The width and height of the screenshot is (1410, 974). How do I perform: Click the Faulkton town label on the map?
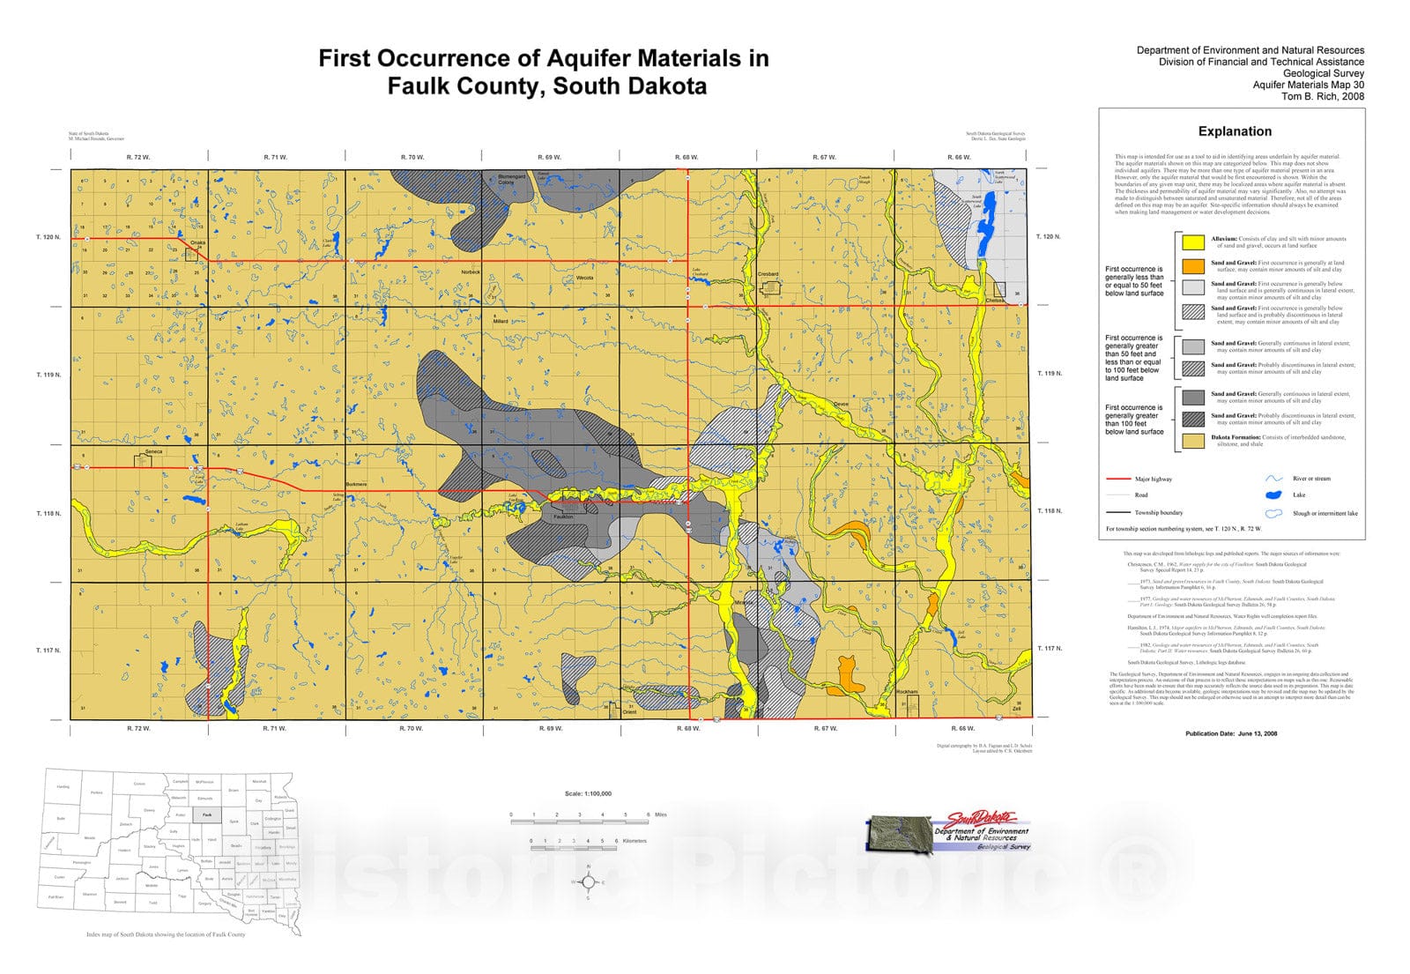(x=563, y=517)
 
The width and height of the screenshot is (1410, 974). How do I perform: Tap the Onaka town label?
(x=197, y=242)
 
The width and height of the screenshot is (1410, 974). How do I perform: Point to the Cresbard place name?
(x=768, y=274)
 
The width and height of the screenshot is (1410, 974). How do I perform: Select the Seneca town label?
(x=153, y=452)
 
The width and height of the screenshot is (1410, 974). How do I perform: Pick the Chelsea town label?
(x=995, y=301)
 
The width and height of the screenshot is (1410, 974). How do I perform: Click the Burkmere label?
(x=356, y=485)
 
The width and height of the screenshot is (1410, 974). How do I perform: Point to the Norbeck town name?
(x=471, y=272)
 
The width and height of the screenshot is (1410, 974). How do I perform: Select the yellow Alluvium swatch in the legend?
(x=1193, y=242)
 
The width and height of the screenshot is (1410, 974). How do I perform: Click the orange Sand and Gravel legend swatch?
(x=1193, y=265)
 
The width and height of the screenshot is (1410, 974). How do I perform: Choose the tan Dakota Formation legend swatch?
(x=1193, y=441)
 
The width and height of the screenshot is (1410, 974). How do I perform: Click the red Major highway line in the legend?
(x=1118, y=479)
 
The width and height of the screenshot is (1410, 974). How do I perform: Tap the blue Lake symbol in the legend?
(x=1274, y=495)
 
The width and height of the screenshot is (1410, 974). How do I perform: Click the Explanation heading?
(x=1235, y=131)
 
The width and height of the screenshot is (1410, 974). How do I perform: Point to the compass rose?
(x=588, y=881)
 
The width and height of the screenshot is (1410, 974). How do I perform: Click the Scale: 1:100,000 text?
(x=588, y=793)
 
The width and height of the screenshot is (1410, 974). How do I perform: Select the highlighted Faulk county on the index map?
(x=206, y=815)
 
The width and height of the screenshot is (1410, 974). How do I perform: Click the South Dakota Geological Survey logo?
(x=947, y=831)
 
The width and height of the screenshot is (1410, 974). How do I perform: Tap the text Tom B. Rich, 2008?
(x=1322, y=96)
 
